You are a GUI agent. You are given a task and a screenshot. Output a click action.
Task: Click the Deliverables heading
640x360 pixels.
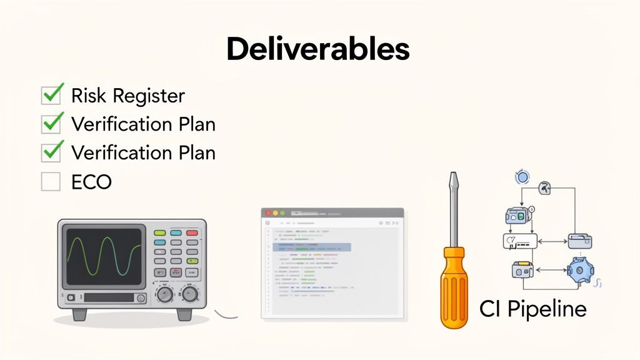click(x=317, y=49)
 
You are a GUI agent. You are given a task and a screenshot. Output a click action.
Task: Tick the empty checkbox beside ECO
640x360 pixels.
click(x=51, y=182)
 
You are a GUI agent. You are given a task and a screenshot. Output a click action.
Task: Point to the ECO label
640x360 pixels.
click(x=91, y=182)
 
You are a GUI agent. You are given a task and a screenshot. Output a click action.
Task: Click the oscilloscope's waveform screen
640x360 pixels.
click(x=104, y=254)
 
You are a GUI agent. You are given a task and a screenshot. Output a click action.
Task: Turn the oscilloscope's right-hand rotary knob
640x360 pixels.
click(x=190, y=294)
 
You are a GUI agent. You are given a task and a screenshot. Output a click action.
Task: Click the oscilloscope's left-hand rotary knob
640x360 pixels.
click(x=165, y=294)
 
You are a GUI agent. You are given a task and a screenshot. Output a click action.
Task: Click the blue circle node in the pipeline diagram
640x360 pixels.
click(x=522, y=178)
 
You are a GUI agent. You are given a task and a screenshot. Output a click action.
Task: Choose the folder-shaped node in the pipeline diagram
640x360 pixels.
click(x=579, y=241)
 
